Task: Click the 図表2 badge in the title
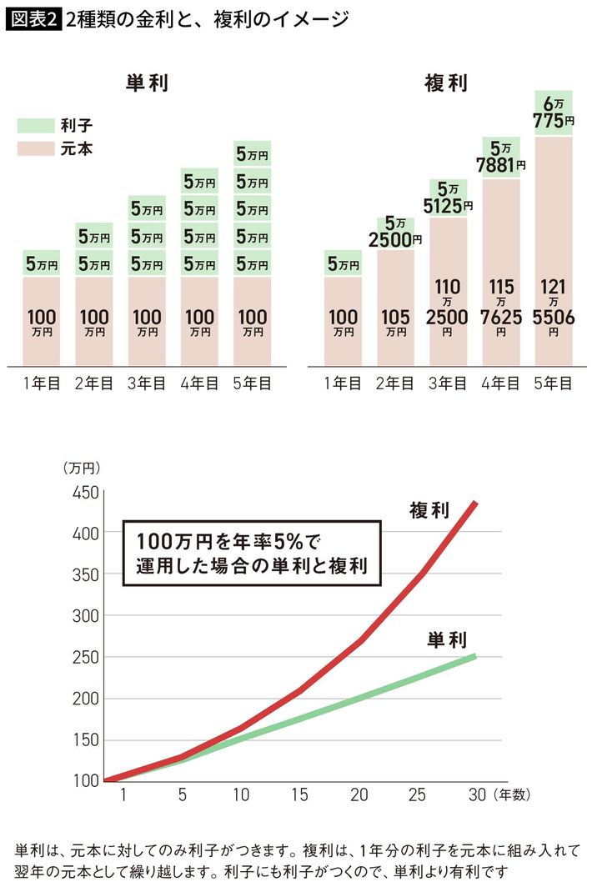point(33,18)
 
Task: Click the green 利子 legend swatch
point(34,127)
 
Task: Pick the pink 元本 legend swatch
point(34,149)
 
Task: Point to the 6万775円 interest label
point(553,113)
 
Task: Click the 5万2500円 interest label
point(395,233)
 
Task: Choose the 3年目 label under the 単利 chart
point(148,384)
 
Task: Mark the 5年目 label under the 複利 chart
point(553,384)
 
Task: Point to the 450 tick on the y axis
point(86,492)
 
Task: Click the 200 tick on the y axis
point(86,699)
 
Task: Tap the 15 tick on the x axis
point(299,796)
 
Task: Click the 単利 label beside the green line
point(447,640)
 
